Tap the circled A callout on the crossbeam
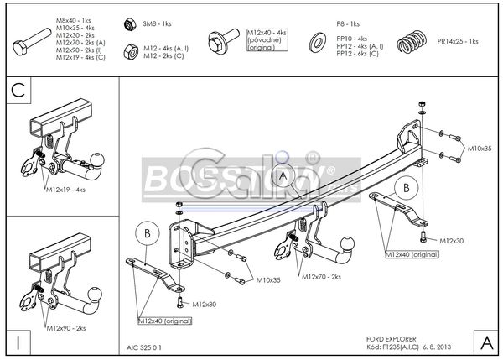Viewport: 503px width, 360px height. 283,175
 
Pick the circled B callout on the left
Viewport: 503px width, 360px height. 148,232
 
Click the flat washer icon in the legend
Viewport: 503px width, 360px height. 319,41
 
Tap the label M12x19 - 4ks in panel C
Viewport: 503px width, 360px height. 65,190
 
